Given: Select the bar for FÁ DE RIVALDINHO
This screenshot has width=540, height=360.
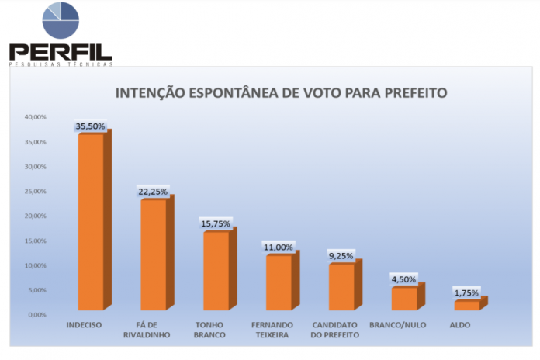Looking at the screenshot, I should click(x=154, y=254).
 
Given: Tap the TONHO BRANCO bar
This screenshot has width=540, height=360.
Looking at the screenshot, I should click(x=216, y=270).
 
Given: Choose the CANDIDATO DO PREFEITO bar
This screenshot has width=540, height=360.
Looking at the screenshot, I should click(x=341, y=286).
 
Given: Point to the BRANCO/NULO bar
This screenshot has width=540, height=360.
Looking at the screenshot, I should click(x=404, y=299).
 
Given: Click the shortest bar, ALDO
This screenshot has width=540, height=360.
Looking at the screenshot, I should click(x=467, y=305).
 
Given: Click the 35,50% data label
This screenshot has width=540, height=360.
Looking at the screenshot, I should click(x=90, y=126).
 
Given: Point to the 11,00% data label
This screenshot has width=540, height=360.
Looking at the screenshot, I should click(x=279, y=247).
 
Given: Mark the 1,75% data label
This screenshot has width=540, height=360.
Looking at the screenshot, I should click(x=466, y=293).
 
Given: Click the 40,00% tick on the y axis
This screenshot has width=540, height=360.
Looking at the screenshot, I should click(x=36, y=117).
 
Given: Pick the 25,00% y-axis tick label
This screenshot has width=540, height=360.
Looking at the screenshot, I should click(x=36, y=192).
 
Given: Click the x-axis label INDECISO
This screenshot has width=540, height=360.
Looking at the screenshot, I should click(x=85, y=325).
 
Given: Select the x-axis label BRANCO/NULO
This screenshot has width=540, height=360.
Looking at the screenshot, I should click(x=398, y=325).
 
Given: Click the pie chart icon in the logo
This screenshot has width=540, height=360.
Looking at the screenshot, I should click(x=61, y=21).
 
